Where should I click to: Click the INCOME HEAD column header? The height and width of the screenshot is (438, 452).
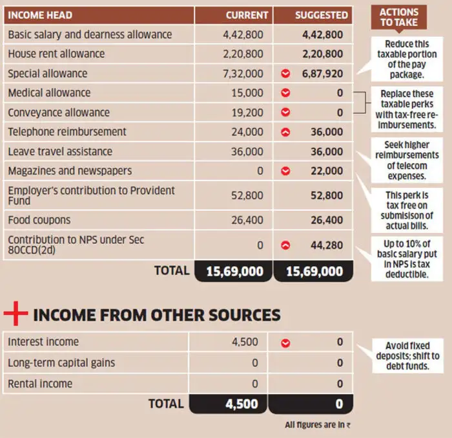click(40, 15)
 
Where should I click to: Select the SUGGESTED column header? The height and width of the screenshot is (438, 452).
click(321, 15)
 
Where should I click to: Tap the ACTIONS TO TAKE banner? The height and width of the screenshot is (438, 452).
click(398, 17)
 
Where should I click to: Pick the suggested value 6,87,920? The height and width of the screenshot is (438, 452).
click(322, 74)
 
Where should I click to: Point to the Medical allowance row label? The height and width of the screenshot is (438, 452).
click(49, 93)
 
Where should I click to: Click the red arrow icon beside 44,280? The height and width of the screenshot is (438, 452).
click(285, 245)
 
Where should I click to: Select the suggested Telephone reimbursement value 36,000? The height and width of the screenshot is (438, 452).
click(326, 132)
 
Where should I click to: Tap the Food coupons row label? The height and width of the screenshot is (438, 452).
click(39, 220)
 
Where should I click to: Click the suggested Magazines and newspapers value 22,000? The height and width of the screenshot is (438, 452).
click(326, 171)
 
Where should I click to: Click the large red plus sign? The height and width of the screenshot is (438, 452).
click(15, 314)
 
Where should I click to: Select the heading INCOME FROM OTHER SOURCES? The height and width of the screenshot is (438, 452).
click(156, 315)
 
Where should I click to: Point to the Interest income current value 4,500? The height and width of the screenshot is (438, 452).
click(245, 342)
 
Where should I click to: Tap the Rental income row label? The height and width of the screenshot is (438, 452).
click(40, 384)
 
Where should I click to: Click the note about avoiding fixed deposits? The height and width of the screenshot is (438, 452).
click(407, 356)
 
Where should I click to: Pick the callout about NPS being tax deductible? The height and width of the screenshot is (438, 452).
click(407, 259)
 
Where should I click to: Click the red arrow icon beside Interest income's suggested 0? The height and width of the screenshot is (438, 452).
click(285, 342)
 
